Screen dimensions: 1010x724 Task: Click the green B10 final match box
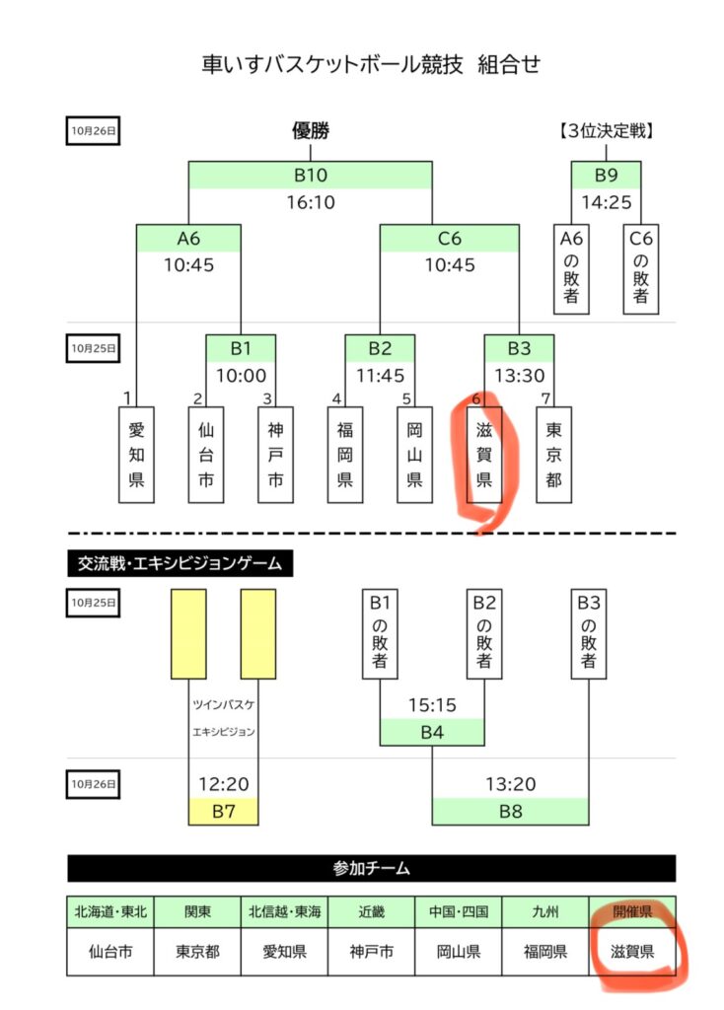pos(311,176)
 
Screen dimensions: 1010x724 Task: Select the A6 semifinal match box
pos(188,238)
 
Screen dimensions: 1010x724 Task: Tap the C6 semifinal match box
pos(450,238)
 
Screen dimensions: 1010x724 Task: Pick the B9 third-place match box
pos(606,176)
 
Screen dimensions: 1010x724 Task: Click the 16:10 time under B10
pos(311,202)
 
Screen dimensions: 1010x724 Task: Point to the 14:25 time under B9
pos(606,202)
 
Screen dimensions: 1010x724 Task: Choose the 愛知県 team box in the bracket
pos(136,455)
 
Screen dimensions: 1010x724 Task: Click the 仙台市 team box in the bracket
pos(206,455)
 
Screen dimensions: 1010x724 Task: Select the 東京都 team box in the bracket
pos(553,455)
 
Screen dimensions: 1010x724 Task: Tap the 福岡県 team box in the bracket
pos(345,455)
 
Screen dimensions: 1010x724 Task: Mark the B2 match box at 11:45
pos(380,348)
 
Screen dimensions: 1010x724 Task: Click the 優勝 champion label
pos(310,130)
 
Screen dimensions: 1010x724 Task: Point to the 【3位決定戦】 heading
pos(606,130)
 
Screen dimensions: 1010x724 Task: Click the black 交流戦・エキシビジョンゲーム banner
pos(180,563)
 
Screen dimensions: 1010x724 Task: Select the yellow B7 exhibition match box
pos(223,812)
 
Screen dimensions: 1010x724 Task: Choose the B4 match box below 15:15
pos(432,732)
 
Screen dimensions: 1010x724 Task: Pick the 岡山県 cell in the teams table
pos(458,952)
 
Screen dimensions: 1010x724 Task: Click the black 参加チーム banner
pos(371,868)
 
